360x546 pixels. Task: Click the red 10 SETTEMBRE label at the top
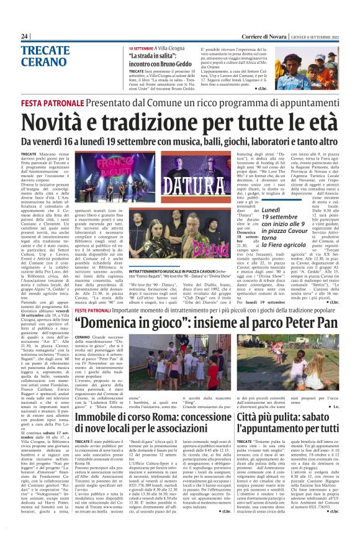coord(145,48)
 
